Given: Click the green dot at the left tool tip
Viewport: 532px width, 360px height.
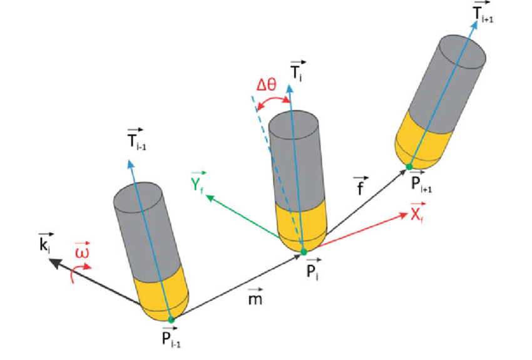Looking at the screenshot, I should (x=171, y=319).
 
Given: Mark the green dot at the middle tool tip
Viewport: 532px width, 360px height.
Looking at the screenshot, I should (x=304, y=252).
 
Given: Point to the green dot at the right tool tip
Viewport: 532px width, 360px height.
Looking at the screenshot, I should (x=408, y=167).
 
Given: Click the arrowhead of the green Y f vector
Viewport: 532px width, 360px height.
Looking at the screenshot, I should (x=209, y=197).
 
